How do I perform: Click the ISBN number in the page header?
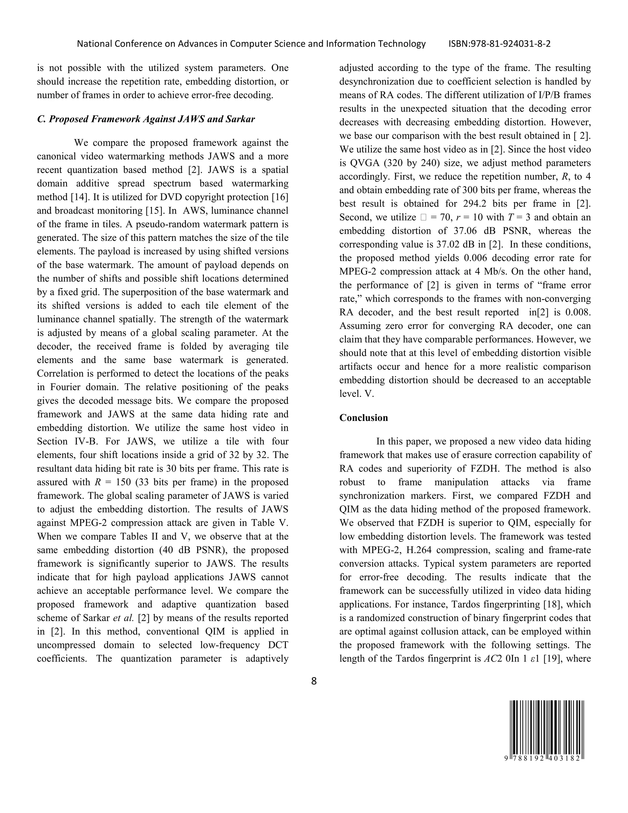499,44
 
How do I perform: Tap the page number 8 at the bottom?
314,681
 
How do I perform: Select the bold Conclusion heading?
363,418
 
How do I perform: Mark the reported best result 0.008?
578,312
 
